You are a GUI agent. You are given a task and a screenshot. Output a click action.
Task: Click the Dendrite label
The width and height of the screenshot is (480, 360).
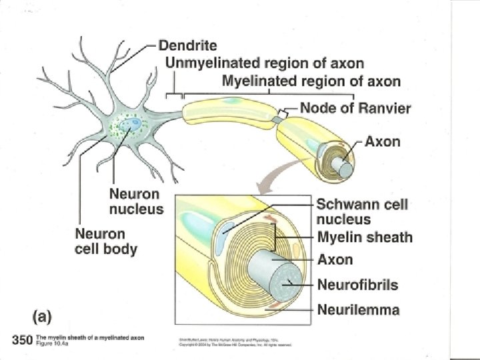point(189,46)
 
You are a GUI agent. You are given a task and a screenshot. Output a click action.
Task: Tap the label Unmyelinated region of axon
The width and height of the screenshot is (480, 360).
point(265,64)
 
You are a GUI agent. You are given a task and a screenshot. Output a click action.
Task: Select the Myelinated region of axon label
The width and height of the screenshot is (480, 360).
point(311,82)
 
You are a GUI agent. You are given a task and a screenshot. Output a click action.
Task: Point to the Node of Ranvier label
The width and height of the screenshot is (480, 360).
point(355,107)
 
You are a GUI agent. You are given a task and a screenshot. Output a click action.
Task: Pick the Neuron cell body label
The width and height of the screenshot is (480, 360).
point(106,242)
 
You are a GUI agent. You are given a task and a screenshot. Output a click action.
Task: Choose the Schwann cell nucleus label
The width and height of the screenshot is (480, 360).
point(361,211)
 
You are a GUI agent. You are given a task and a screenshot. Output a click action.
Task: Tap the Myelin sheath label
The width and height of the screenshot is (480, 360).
point(365,237)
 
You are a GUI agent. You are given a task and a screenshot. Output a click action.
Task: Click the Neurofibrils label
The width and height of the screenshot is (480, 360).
point(357,285)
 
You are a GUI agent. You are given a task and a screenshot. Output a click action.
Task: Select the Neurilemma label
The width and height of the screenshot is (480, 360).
point(358,309)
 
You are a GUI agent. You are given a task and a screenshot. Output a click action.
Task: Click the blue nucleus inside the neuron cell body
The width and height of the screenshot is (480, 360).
point(135,123)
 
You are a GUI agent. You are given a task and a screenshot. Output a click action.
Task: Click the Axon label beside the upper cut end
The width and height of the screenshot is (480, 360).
point(383,141)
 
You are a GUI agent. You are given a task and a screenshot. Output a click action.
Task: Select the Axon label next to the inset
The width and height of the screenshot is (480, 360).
point(335,260)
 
